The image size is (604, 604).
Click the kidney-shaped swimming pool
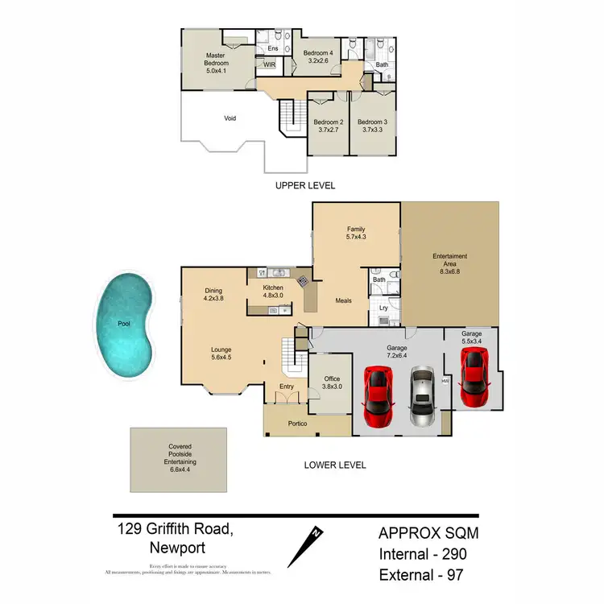tap(127, 325)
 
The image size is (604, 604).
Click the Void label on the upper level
tap(230, 118)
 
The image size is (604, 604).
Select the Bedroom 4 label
tap(317, 54)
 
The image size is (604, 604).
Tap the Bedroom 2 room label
tap(328, 122)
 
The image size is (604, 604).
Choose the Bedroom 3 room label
tap(373, 122)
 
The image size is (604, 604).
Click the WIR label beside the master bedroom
tap(270, 65)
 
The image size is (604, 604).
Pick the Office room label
tap(332, 379)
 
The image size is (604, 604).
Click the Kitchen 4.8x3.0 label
tap(275, 292)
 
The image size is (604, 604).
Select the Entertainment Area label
tap(449, 256)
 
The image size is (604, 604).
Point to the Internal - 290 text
tap(423, 553)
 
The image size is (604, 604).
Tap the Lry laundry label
tap(384, 308)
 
